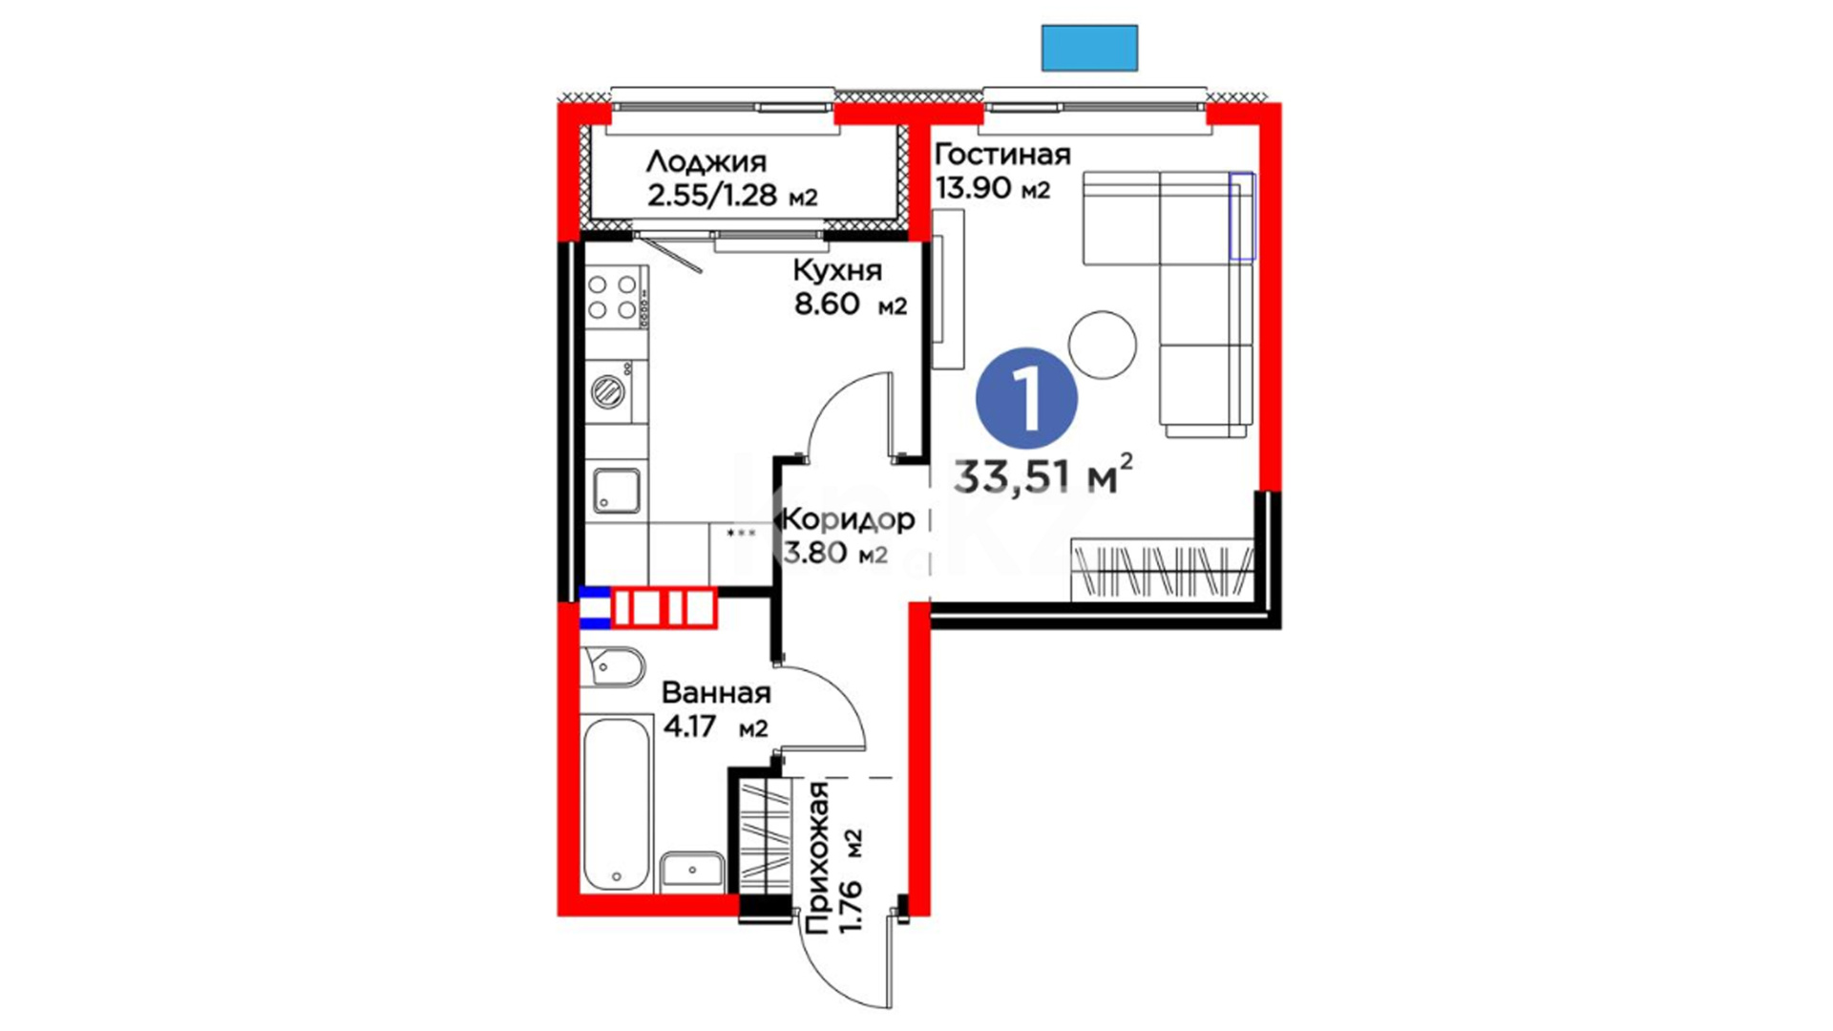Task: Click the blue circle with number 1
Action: [1026, 398]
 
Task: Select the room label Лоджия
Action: [706, 160]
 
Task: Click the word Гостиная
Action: [1002, 154]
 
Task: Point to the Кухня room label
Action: [837, 271]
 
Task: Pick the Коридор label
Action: [849, 519]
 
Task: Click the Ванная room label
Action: [716, 692]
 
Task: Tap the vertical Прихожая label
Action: [817, 856]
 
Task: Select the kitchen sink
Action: [617, 491]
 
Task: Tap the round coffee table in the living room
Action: [1103, 345]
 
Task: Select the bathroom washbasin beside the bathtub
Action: [692, 871]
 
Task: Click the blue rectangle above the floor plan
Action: [1089, 48]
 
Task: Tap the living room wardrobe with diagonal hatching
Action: [1162, 570]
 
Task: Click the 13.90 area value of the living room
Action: [973, 188]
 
